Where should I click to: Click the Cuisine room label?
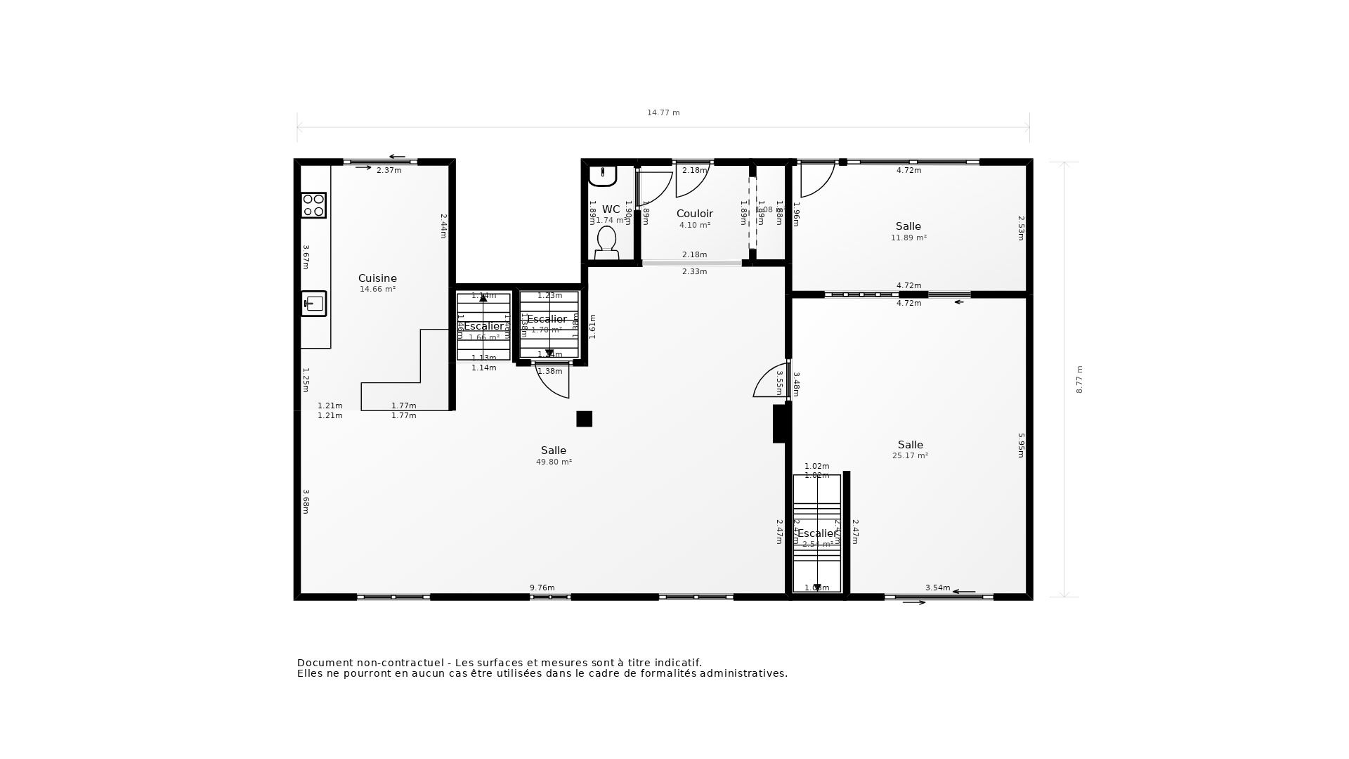point(377,278)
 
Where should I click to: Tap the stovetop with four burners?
point(313,205)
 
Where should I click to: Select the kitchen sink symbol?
point(314,304)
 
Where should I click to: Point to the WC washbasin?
point(602,175)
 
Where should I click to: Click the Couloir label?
point(694,214)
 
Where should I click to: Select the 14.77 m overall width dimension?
point(663,113)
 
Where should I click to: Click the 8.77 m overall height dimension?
point(1079,379)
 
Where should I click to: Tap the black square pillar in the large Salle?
point(584,419)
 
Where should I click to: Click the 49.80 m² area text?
point(554,462)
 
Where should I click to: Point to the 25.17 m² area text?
point(910,456)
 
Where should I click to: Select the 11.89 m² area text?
point(908,238)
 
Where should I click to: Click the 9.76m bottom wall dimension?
point(542,588)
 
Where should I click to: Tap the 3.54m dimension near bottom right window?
point(937,588)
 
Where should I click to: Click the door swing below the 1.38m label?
point(554,382)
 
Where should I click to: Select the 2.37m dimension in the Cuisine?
point(389,171)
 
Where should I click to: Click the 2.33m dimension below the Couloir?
point(694,272)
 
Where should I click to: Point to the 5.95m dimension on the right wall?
point(1021,445)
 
